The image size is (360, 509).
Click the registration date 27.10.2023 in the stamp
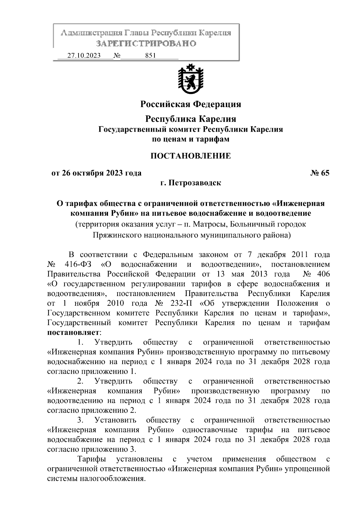[x=84, y=56]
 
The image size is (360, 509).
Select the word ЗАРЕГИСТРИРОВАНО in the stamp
[x=146, y=44]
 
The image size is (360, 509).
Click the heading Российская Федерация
[x=191, y=104]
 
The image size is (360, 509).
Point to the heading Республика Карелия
[x=191, y=119]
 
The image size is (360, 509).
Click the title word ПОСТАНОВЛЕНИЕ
[x=191, y=156]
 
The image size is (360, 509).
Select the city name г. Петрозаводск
[x=191, y=183]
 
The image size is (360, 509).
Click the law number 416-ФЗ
[x=78, y=265]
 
